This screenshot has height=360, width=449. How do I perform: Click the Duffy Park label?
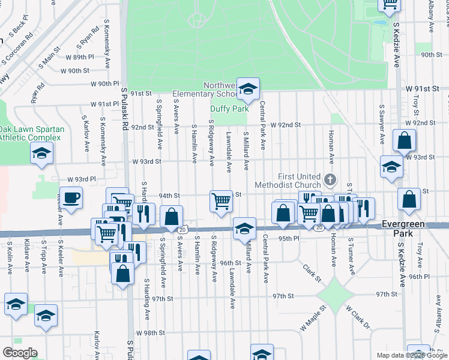point(229,109)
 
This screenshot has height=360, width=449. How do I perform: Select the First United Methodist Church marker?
point(330,179)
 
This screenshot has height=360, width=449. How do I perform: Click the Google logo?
point(20,353)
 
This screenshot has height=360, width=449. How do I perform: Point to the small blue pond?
point(379,23)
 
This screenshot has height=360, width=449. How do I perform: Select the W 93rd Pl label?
point(82,179)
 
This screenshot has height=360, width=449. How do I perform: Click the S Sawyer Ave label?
point(381,125)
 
